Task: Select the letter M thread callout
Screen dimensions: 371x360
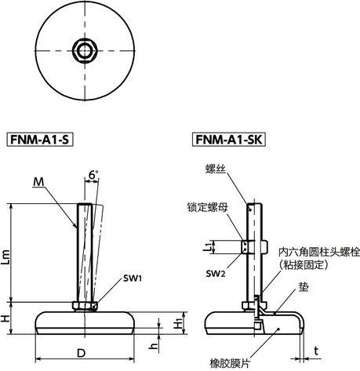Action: tap(38, 184)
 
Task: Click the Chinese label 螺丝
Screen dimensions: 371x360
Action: tap(215, 168)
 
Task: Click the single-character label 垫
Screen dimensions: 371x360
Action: tap(303, 289)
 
